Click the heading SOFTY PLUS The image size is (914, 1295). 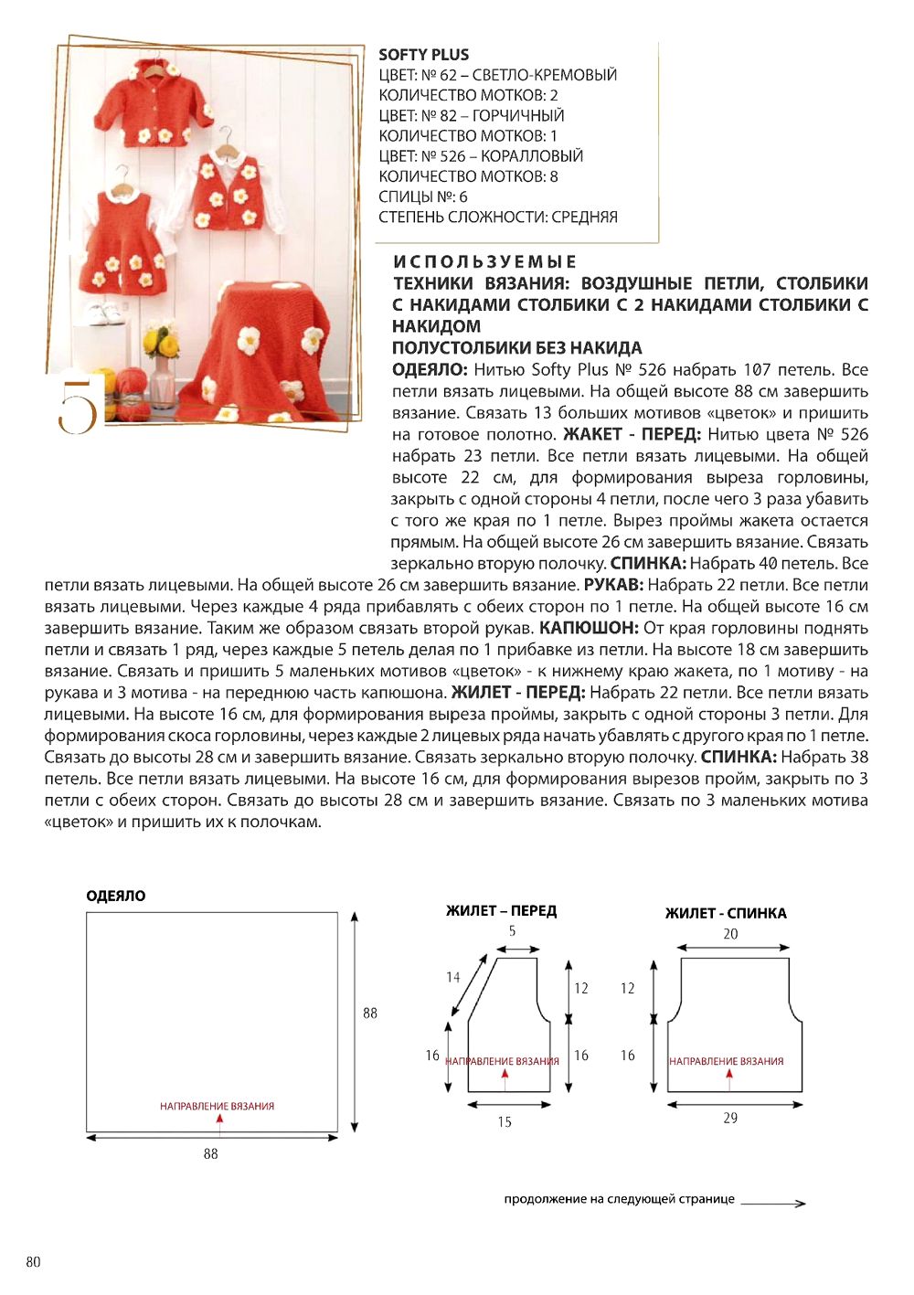423,55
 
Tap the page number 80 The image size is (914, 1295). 33,1262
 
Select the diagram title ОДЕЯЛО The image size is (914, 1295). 116,896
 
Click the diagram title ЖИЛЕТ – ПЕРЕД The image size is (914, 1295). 501,911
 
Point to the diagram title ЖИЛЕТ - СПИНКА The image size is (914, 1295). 726,913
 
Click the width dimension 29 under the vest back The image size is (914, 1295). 730,1118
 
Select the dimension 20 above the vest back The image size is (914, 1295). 730,934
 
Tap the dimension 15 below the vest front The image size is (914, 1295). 505,1122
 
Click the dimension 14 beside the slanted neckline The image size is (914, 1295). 453,977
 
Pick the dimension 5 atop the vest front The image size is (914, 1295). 512,931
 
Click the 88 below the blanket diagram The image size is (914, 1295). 211,1154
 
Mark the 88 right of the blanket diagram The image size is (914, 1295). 370,1013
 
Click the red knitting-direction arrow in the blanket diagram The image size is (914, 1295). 220,1119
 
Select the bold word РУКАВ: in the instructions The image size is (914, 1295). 614,585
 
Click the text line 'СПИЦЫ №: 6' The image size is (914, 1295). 423,197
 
